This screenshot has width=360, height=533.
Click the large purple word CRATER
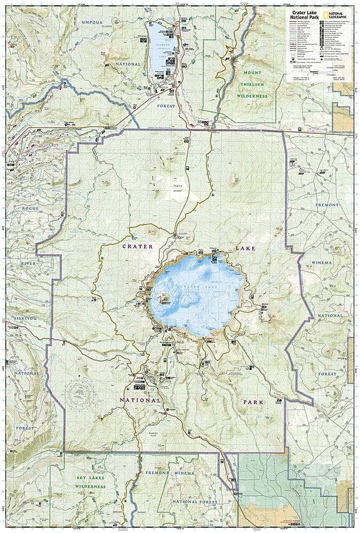tap(138, 246)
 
